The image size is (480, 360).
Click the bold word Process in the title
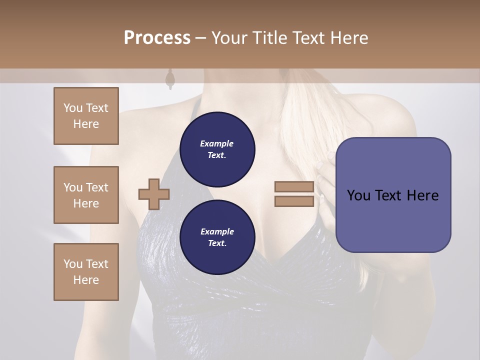click(157, 37)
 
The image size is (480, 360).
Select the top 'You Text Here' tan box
click(86, 116)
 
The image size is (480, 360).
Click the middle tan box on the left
click(86, 195)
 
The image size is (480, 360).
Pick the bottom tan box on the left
click(86, 272)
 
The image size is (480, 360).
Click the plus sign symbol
click(153, 194)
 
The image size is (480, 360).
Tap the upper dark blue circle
click(217, 149)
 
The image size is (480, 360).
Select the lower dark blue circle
click(217, 237)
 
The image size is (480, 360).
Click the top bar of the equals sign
click(294, 187)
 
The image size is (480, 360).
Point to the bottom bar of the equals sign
click(294, 201)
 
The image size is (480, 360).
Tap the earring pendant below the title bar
click(170, 79)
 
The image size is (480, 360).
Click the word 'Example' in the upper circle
click(217, 143)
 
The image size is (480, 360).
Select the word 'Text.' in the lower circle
click(217, 243)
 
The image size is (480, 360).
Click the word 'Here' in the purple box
click(422, 195)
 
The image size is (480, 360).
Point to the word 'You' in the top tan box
click(72, 108)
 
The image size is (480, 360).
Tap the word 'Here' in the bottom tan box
click(86, 280)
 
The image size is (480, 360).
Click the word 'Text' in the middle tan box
click(96, 187)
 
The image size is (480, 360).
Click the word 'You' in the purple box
click(358, 195)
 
